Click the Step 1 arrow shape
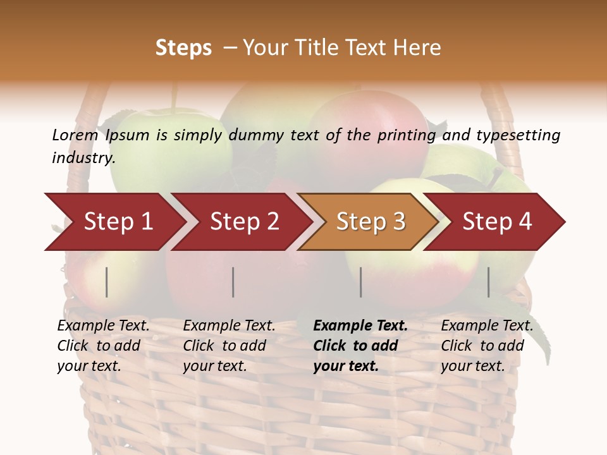(x=114, y=222)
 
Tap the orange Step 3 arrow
(x=370, y=222)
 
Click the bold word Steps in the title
(x=183, y=48)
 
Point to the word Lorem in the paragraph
(x=75, y=135)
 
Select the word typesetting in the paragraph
(x=518, y=135)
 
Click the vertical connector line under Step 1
(x=107, y=282)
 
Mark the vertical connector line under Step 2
(x=233, y=282)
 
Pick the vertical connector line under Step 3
(x=361, y=282)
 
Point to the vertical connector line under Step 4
(x=489, y=282)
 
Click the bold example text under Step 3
(x=359, y=346)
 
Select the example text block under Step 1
(x=102, y=346)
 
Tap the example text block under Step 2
(x=228, y=346)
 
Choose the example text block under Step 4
(x=486, y=346)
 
